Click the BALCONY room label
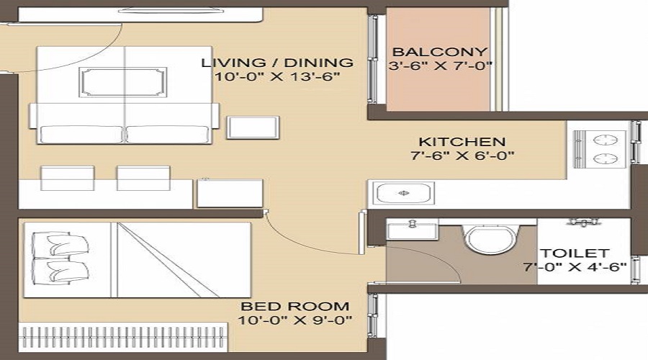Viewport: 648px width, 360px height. pos(439,53)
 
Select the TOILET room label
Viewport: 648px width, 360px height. pos(576,253)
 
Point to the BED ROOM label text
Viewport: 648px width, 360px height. pos(295,306)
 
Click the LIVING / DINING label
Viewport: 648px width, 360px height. pos(277,62)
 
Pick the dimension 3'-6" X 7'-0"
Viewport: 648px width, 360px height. pos(439,67)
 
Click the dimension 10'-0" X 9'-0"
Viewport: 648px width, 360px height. pos(295,320)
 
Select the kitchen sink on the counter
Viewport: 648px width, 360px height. pos(403,193)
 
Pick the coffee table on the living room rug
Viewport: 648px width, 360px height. pos(123,83)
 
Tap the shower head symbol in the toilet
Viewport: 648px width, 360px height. pos(583,223)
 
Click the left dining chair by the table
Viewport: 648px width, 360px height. pos(66,178)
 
